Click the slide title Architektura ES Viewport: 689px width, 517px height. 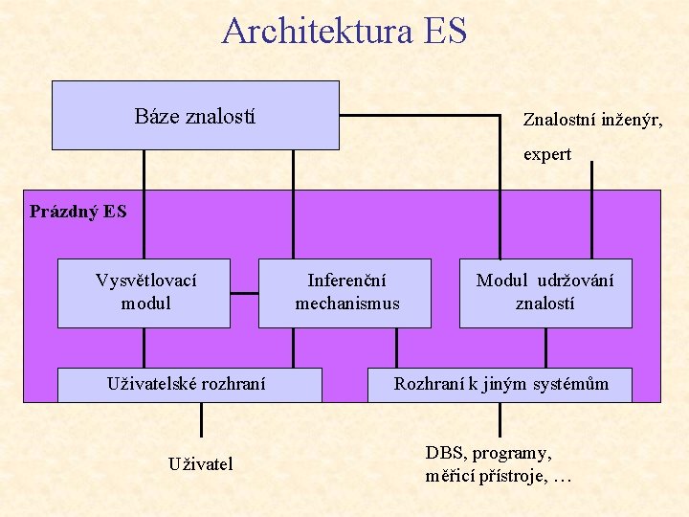coord(344,30)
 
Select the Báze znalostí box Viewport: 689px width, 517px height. coord(195,116)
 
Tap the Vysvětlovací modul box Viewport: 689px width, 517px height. coord(144,293)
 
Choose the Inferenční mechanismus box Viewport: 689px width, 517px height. coord(345,293)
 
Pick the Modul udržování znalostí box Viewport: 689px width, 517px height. coord(545,293)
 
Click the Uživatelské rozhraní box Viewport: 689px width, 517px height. coord(189,384)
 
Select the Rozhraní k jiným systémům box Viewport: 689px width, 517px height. coord(500,384)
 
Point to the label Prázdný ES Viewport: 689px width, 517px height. coord(78,211)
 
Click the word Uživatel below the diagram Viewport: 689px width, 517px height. coord(201,464)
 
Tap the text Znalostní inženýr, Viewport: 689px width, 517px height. coord(592,120)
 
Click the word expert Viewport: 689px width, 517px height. coord(546,154)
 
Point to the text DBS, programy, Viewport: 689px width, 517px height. coord(488,453)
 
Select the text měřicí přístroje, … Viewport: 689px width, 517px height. coord(498,476)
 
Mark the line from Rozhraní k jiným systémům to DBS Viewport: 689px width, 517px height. coord(500,419)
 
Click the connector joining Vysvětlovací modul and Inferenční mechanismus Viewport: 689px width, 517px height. coord(244,291)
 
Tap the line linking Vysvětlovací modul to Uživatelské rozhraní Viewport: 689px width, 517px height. coord(144,348)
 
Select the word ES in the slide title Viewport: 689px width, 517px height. coord(443,30)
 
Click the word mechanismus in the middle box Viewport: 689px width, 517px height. coord(346,303)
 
